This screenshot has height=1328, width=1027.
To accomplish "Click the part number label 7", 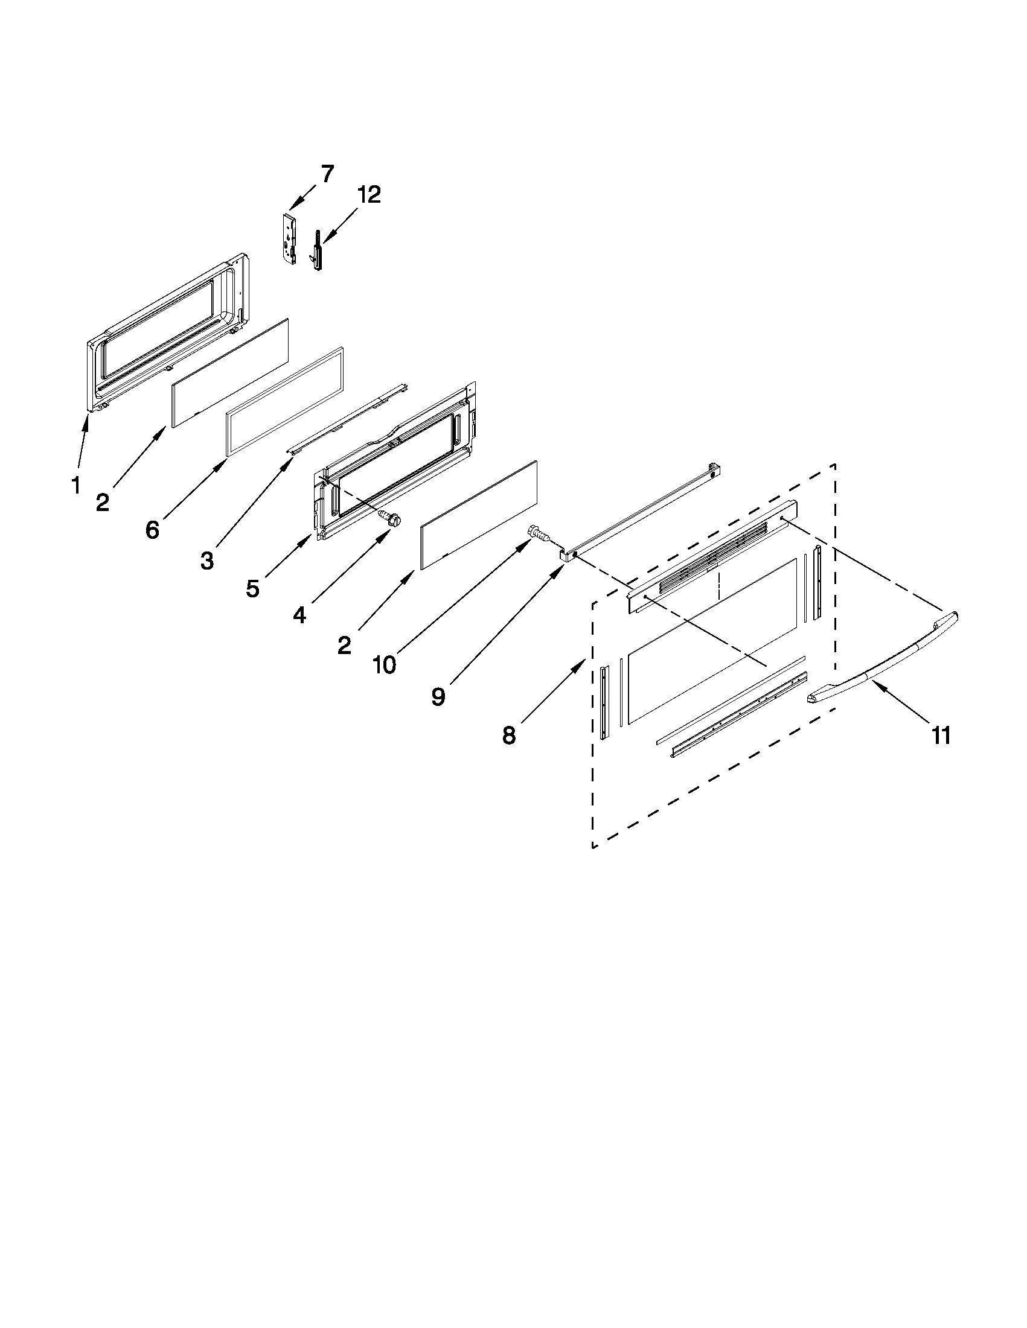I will coord(327,174).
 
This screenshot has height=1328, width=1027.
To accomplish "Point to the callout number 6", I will coord(152,530).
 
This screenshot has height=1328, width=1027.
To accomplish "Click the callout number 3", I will coord(207,561).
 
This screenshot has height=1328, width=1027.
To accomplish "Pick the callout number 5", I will coord(253,588).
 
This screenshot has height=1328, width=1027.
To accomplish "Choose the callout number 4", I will coord(299,615).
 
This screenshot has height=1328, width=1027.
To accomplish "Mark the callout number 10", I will coord(384,665).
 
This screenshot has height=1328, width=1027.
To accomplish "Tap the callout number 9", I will coord(438,696).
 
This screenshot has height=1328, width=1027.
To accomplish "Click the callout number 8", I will coord(509,735).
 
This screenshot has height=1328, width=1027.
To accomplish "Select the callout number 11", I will coord(941,735).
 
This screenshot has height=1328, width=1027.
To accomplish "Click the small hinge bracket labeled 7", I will coord(290,238).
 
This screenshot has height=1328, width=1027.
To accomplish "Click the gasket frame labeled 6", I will coord(284,401).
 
